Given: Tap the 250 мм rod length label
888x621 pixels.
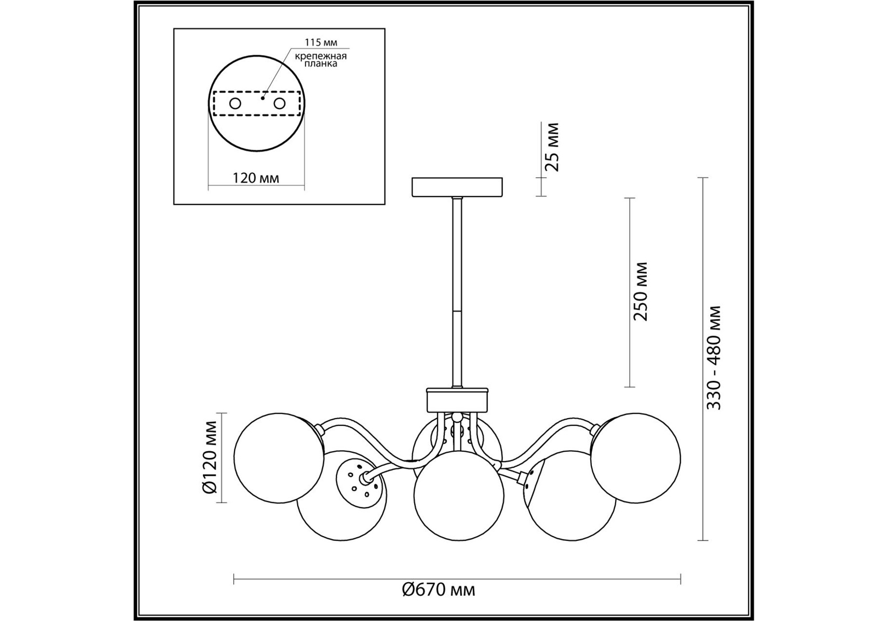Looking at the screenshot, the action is tap(640, 291).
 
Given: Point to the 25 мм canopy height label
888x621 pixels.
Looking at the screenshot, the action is tap(552, 147).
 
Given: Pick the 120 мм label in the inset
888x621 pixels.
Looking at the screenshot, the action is tap(256, 179).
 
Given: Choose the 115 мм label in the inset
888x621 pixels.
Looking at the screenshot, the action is tap(321, 42).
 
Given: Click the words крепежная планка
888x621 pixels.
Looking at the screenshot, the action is tap(321, 60).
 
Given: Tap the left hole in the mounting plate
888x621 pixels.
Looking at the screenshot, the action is tap(235, 103).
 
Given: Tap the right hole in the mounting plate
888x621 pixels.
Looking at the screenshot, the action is tap(280, 103).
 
